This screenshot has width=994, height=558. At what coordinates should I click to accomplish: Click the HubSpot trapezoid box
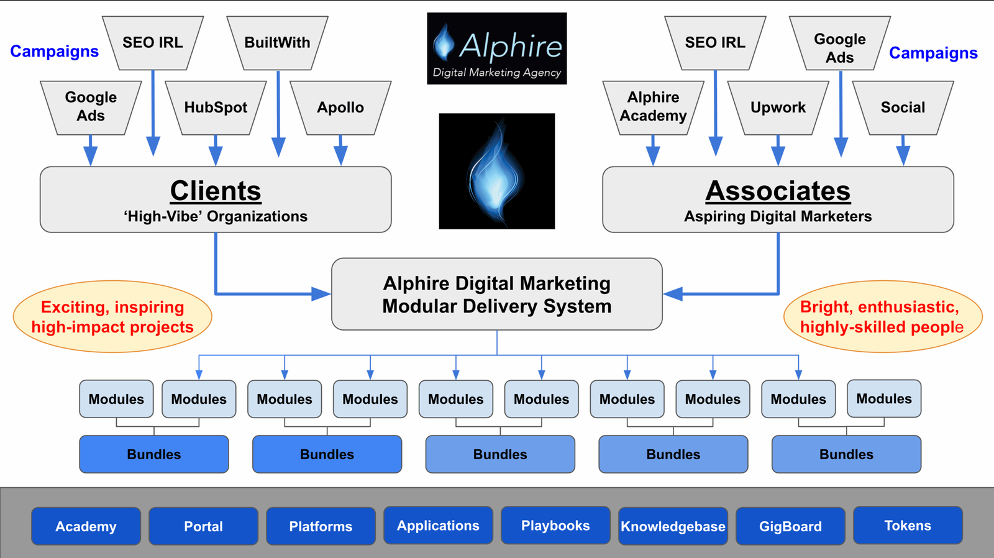pos(216,107)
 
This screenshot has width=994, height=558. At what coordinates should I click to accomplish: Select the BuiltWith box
pos(277,43)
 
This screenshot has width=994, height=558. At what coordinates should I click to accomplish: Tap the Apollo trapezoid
pos(340,107)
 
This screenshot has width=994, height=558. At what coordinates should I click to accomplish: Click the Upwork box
pos(778,107)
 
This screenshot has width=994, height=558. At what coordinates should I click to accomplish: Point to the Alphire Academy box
pos(653,107)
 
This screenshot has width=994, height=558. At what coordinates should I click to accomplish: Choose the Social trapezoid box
pos(903,107)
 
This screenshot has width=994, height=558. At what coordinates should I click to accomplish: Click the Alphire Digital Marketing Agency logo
pos(497,48)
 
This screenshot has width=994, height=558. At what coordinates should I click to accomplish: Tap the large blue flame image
pos(497,171)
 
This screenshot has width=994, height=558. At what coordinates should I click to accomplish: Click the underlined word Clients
pos(216,191)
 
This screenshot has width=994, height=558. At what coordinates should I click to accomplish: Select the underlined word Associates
pos(778,191)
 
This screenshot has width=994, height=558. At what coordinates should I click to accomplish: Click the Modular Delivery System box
pos(497,294)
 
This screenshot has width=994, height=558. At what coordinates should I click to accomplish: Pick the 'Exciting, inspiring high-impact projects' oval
pos(112,317)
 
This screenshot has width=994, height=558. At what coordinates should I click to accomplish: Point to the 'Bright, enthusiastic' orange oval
pos(882,317)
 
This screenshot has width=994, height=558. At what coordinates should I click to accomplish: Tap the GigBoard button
pos(790,526)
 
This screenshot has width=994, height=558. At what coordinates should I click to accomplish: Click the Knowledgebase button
pos(673,526)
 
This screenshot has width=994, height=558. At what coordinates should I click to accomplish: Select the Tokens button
pos(908,525)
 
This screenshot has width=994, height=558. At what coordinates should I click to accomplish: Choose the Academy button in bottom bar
pos(86,526)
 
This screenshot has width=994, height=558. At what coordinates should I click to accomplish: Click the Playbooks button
pos(555,525)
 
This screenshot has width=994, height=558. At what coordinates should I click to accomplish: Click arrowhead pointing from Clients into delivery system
pos(321,294)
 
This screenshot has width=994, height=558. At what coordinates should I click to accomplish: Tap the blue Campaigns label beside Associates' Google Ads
pos(933,53)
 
